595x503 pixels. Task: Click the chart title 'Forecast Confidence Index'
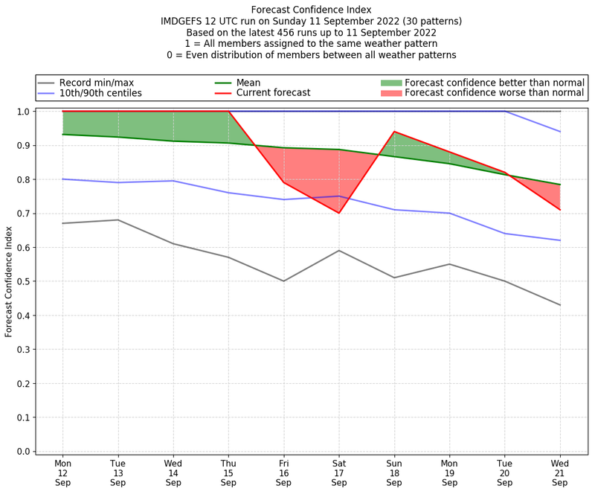311,10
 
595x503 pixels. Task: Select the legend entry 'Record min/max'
96,83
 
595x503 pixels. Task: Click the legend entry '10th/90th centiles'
100,93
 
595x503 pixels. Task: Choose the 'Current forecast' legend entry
273,93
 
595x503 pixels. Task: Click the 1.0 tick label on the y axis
24,112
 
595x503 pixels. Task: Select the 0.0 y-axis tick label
24,451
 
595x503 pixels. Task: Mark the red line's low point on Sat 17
339,213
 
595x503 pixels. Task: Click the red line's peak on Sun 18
394,132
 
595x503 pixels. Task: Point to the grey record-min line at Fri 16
284,281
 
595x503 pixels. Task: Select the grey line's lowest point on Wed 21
560,305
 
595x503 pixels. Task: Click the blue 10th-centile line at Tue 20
505,234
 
